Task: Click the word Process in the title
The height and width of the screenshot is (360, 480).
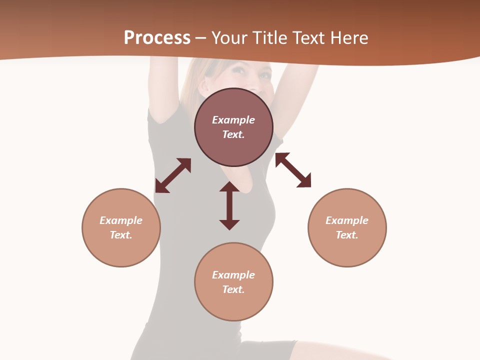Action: [x=157, y=38]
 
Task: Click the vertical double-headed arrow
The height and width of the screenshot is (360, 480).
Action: [x=229, y=206]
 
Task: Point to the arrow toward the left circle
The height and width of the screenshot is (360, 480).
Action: [x=173, y=175]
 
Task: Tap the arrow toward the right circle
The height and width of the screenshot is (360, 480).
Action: [x=293, y=170]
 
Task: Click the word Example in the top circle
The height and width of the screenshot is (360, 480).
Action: [x=233, y=120]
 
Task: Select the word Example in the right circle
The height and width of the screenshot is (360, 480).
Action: [x=347, y=220]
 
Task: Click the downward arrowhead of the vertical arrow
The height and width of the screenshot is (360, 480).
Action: [x=229, y=224]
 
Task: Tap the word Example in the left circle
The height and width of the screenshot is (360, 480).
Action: [x=121, y=220]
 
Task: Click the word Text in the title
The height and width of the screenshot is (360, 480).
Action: [x=308, y=38]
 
